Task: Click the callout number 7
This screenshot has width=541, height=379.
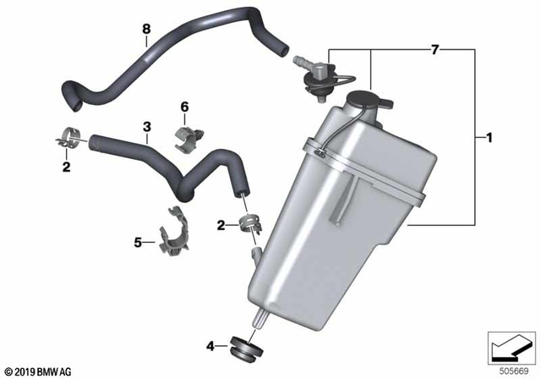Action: pos(435,52)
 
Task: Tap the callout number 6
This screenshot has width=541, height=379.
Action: pos(183,107)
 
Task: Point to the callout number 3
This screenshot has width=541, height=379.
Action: pos(146,127)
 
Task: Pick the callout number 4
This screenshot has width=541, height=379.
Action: pos(211,345)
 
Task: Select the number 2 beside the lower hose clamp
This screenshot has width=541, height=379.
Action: pos(221,226)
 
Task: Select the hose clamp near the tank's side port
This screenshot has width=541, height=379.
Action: pos(250,224)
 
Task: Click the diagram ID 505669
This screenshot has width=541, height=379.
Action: pos(516,368)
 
